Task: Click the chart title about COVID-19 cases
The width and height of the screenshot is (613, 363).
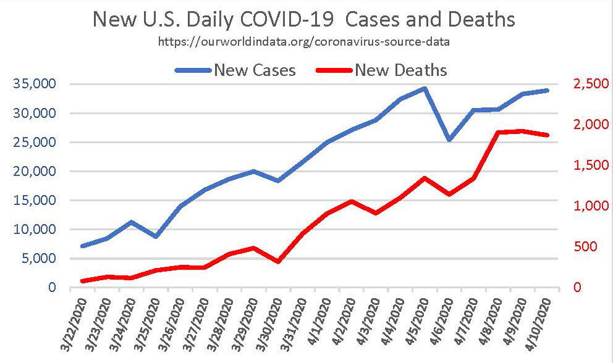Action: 303,20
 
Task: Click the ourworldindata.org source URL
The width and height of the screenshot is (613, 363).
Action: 303,43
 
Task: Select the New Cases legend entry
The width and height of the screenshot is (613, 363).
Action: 255,70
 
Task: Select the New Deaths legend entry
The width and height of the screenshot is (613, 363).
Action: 400,70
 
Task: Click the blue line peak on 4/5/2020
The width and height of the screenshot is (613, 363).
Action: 425,88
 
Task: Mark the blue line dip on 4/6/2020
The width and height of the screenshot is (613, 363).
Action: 449,140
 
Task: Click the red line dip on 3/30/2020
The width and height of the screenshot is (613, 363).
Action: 278,262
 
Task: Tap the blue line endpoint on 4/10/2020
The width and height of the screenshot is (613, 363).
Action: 547,91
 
